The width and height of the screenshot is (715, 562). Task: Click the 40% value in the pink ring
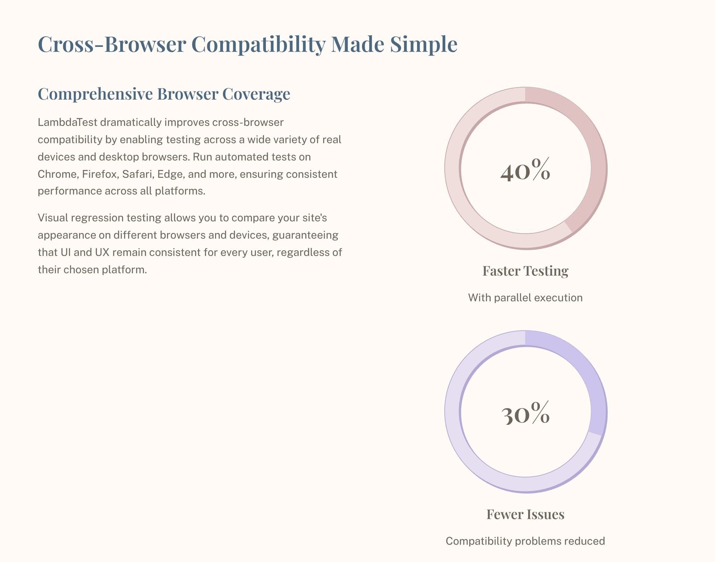[x=525, y=171]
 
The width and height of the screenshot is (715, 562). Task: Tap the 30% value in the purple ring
[x=525, y=414]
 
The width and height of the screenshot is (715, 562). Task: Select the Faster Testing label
[x=525, y=271]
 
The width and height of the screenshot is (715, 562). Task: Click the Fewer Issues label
[x=525, y=515]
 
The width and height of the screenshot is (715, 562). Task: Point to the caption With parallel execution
[x=525, y=298]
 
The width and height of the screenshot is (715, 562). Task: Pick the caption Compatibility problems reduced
[x=525, y=541]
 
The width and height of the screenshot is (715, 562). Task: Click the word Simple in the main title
[x=423, y=45]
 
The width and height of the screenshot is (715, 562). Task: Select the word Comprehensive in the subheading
[x=95, y=94]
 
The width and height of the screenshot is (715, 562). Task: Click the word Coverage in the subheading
[x=256, y=94]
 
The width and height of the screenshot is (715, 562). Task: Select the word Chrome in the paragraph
[x=57, y=174]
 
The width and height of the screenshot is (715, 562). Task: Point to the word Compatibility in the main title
[x=258, y=45]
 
